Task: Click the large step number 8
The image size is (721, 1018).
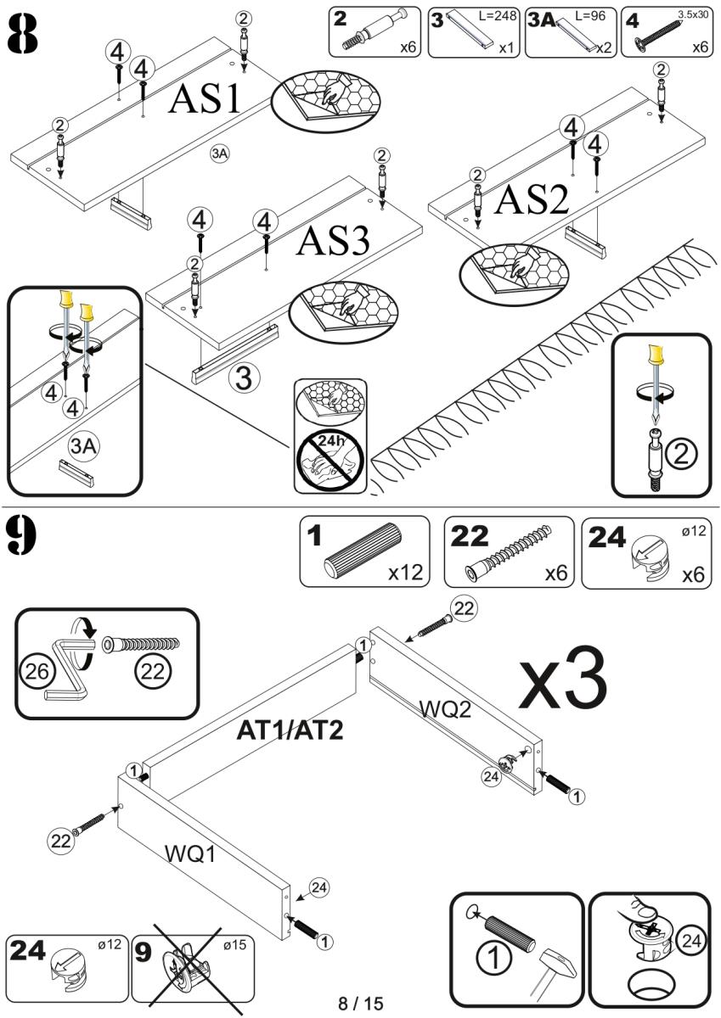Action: [x=23, y=35]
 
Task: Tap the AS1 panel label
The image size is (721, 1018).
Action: [x=206, y=100]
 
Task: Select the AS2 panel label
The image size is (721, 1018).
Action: [x=531, y=199]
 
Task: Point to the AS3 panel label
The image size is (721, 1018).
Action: [x=333, y=243]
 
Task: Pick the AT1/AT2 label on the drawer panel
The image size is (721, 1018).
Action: [x=290, y=730]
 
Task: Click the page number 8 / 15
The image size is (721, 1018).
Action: [x=361, y=1004]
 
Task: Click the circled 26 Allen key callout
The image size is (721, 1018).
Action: [x=34, y=670]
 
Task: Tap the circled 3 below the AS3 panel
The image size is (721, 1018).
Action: [x=243, y=378]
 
